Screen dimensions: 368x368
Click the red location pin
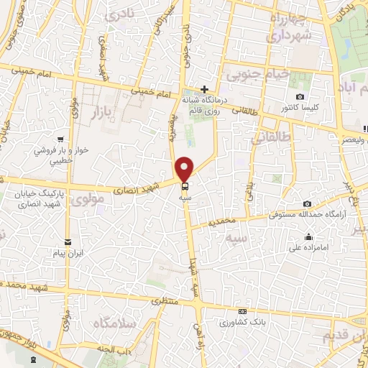click(185, 168)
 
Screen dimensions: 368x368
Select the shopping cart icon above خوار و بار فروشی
click(62, 140)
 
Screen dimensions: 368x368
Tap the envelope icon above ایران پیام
click(68, 242)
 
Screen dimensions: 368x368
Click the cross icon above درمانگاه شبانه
click(205, 89)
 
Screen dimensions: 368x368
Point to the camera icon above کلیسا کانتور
click(300, 97)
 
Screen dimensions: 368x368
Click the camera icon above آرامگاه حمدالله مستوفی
click(308, 204)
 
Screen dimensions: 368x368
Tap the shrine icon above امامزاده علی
click(308, 237)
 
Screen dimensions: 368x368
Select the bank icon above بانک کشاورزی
click(243, 311)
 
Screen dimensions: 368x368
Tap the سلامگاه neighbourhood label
click(114, 325)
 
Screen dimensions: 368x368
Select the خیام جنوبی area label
click(258, 73)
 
